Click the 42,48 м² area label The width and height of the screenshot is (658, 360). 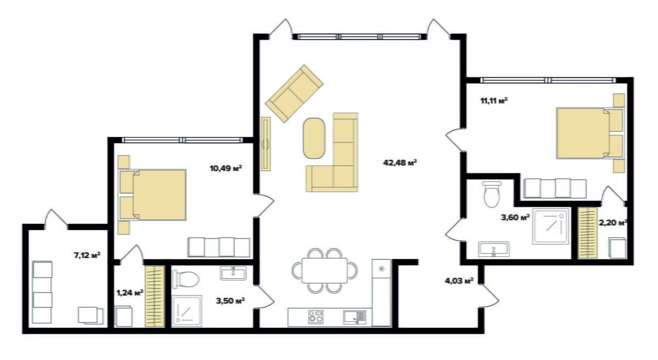(400, 162)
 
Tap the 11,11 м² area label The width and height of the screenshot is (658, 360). (494, 101)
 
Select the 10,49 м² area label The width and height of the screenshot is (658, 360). (225, 168)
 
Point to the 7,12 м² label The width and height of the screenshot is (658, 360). (87, 255)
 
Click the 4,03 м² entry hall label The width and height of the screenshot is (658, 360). (459, 281)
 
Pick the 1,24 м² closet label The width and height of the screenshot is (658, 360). (130, 293)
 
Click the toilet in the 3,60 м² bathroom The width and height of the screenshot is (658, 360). (491, 194)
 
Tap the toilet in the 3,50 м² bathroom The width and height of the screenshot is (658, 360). (186, 279)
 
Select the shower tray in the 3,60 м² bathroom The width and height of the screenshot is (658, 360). (551, 226)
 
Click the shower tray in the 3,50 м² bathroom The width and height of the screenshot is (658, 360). (187, 311)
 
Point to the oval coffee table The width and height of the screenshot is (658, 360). (314, 138)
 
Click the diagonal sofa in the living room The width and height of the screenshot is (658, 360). (294, 93)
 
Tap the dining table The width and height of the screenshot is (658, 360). (325, 271)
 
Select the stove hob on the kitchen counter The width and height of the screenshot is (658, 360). (316, 317)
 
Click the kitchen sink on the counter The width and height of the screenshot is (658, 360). (355, 317)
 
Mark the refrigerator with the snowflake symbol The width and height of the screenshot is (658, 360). (381, 293)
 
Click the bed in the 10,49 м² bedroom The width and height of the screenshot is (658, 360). (152, 195)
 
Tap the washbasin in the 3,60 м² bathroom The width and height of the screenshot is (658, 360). (493, 249)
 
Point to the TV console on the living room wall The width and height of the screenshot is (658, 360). (266, 144)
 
